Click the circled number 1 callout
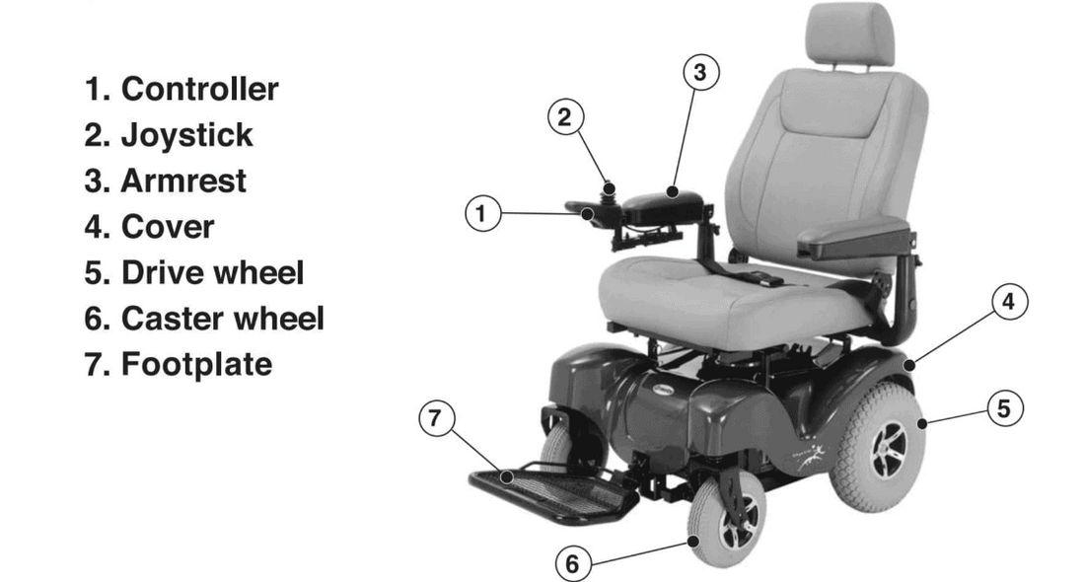(x=481, y=213)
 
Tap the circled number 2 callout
(x=564, y=117)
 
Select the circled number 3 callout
(x=698, y=72)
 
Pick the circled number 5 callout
(x=1004, y=408)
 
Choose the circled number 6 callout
(x=572, y=564)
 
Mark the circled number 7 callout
(x=435, y=418)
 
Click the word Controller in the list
(x=199, y=89)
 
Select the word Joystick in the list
(x=186, y=135)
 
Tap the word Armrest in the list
(x=183, y=181)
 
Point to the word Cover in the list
(x=167, y=227)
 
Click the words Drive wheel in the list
(x=212, y=272)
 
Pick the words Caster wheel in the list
(x=222, y=319)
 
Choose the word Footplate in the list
(x=196, y=364)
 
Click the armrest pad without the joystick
(x=843, y=238)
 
